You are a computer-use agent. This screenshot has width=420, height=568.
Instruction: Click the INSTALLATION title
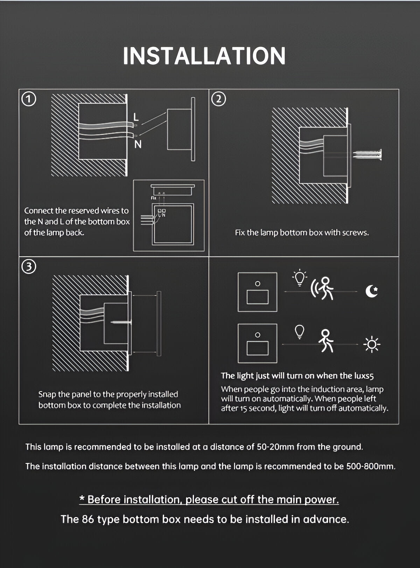(204, 56)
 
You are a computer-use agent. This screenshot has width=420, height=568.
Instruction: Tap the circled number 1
(29, 99)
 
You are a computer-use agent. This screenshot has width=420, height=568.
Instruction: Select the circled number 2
(218, 99)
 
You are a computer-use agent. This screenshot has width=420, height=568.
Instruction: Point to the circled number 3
(29, 267)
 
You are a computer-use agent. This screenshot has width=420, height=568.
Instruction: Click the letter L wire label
(136, 117)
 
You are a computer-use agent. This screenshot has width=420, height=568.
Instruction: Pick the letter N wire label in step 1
(138, 144)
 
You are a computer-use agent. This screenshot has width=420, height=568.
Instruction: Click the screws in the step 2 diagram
(367, 154)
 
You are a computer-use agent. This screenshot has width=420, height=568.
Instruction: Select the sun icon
(372, 345)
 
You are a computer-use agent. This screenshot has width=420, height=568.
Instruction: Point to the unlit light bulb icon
(300, 332)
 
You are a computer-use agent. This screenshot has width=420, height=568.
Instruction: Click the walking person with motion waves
(322, 288)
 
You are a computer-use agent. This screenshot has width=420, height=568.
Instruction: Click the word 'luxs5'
(364, 376)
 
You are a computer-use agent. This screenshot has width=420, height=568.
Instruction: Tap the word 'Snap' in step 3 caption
(47, 394)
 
